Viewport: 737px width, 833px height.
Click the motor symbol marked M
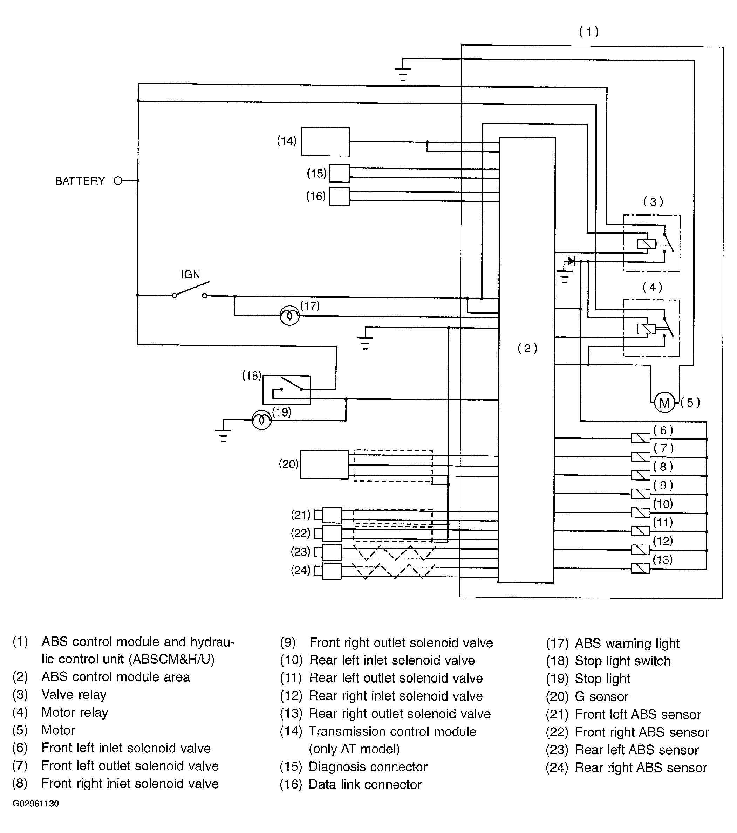point(664,403)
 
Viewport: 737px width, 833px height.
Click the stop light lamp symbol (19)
point(262,420)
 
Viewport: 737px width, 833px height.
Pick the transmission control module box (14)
point(325,142)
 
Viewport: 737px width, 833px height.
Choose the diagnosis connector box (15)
point(339,173)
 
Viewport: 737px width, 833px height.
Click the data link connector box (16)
point(339,196)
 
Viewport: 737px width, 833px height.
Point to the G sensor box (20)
point(324,464)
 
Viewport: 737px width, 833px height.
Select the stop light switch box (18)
point(286,390)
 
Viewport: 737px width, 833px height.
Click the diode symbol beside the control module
point(571,261)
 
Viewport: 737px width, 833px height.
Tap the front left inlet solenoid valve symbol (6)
point(640,438)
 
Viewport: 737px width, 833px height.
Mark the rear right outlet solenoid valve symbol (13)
point(640,568)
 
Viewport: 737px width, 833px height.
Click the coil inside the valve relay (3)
point(647,244)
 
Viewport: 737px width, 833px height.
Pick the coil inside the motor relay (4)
point(646,329)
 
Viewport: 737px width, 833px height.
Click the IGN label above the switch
point(190,275)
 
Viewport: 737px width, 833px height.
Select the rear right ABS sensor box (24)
point(332,571)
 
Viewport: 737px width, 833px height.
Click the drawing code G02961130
point(36,803)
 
